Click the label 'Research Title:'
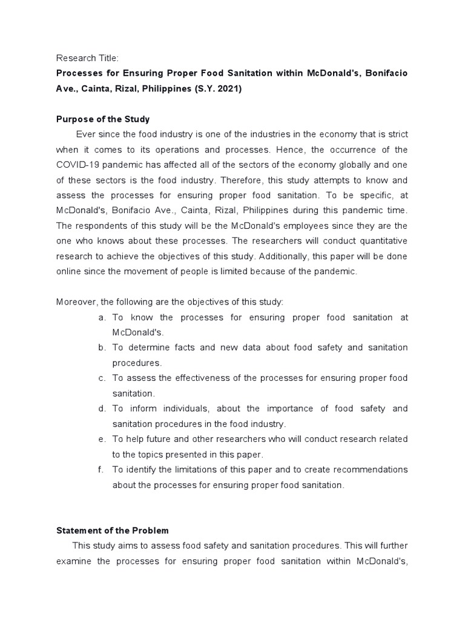[88, 58]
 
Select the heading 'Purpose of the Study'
[103, 119]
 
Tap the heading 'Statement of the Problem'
[112, 530]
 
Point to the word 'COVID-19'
[77, 165]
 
